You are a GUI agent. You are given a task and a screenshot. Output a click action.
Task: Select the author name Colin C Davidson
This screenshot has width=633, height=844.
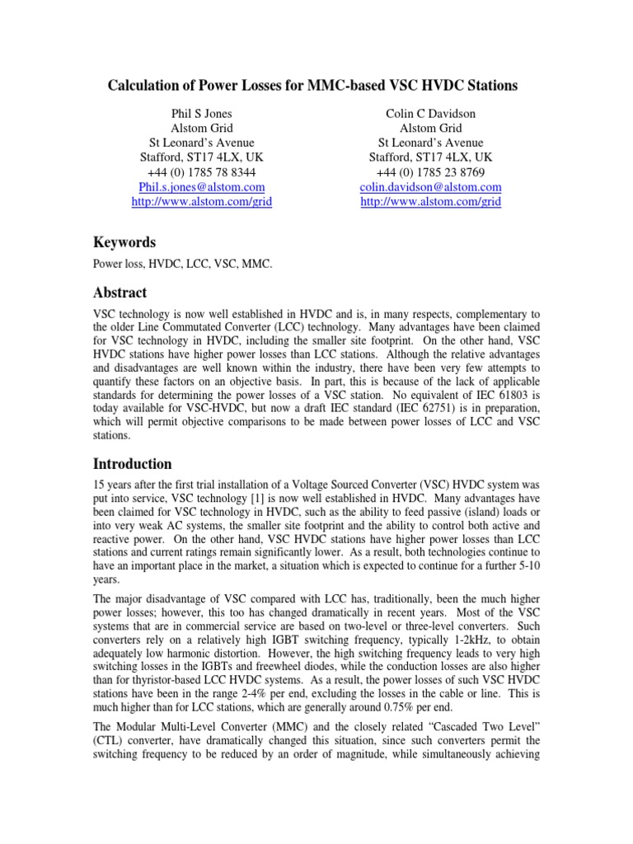point(431,113)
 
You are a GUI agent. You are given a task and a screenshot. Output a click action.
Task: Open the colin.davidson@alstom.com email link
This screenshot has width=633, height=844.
point(431,187)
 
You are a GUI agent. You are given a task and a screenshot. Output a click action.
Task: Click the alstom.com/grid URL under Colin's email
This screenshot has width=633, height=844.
point(431,202)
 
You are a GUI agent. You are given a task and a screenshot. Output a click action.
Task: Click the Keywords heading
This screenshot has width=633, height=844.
point(124,242)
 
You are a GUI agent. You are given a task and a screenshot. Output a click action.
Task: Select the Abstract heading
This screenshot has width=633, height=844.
point(120,293)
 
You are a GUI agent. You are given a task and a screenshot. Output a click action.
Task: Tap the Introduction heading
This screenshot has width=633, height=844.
point(132,463)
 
